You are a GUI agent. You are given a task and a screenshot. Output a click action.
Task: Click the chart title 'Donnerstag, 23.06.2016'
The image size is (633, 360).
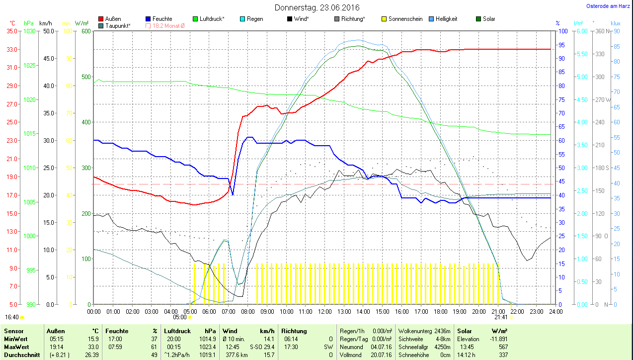tap(317, 8)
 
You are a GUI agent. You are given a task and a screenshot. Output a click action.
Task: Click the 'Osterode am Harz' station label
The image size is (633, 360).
tap(608, 6)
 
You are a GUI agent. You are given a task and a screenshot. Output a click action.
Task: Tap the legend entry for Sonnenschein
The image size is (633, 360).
tap(405, 19)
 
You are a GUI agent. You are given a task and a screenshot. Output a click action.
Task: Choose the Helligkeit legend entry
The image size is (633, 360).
tap(446, 19)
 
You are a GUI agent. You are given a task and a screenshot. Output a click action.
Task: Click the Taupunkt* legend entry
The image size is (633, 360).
tap(117, 26)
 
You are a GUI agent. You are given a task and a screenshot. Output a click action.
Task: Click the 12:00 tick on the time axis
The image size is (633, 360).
tap(324, 312)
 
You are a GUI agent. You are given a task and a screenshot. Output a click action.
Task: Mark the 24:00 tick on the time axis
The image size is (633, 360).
tap(555, 312)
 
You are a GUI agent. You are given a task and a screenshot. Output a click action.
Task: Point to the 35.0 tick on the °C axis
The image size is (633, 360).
tap(11, 31)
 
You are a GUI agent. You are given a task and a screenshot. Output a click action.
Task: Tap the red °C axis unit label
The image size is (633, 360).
tap(12, 23)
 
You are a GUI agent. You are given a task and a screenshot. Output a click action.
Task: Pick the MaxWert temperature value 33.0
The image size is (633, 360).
tap(92, 347)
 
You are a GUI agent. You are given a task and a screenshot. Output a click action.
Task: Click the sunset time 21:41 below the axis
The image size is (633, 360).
tap(501, 317)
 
